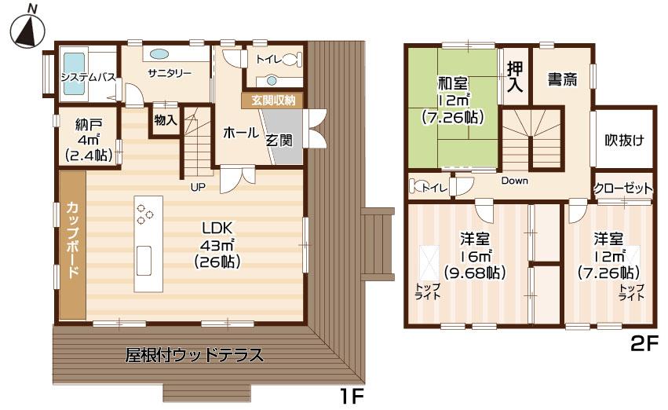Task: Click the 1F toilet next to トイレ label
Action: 290,59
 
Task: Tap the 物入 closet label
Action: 165,120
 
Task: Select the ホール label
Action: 241,133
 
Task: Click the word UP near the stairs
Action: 198,186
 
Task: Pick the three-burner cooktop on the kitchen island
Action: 145,214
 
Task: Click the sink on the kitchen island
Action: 144,260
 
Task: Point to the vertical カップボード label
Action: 71,240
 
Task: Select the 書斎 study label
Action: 562,79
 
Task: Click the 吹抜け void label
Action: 623,141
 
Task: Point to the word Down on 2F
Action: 514,181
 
